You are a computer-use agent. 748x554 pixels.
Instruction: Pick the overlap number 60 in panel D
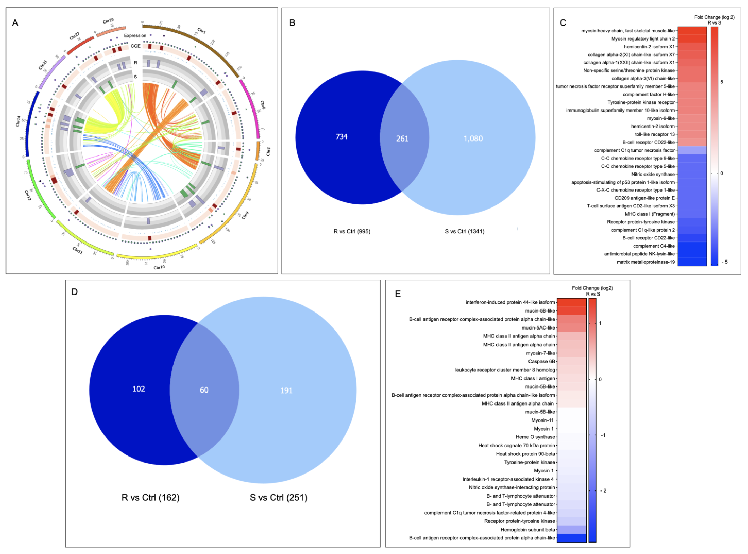204,390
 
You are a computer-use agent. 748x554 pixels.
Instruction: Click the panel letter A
15,23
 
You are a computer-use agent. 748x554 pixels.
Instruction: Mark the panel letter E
398,294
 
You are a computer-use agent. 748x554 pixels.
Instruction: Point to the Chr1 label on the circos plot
201,31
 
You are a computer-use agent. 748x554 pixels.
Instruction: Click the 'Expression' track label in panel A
135,36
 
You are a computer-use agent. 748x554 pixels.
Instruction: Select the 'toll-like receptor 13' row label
654,134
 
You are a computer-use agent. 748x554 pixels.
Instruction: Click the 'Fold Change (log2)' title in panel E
592,288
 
